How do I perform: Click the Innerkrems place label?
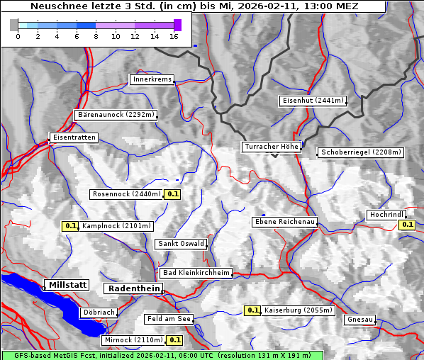pos(152,79)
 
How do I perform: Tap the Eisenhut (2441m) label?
pos(312,101)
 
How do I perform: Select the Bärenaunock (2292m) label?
pos(115,114)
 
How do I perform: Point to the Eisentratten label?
pos(73,137)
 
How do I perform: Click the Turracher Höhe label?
pos(272,147)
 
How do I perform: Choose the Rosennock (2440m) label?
pos(127,193)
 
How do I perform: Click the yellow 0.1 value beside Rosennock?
pos(173,193)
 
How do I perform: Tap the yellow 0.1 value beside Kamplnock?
pos(70,226)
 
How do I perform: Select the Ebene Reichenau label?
pos(285,222)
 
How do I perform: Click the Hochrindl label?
pos(386,214)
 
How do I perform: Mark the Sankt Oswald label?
pos(180,244)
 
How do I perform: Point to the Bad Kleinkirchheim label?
pos(196,272)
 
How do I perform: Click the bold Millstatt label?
pos(67,284)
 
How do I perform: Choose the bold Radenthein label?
pos(133,288)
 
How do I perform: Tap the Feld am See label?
pos(169,319)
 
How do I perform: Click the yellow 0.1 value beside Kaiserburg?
pos(252,310)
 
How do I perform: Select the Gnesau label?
pos(359,319)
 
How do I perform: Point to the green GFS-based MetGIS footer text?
pos(162,355)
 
